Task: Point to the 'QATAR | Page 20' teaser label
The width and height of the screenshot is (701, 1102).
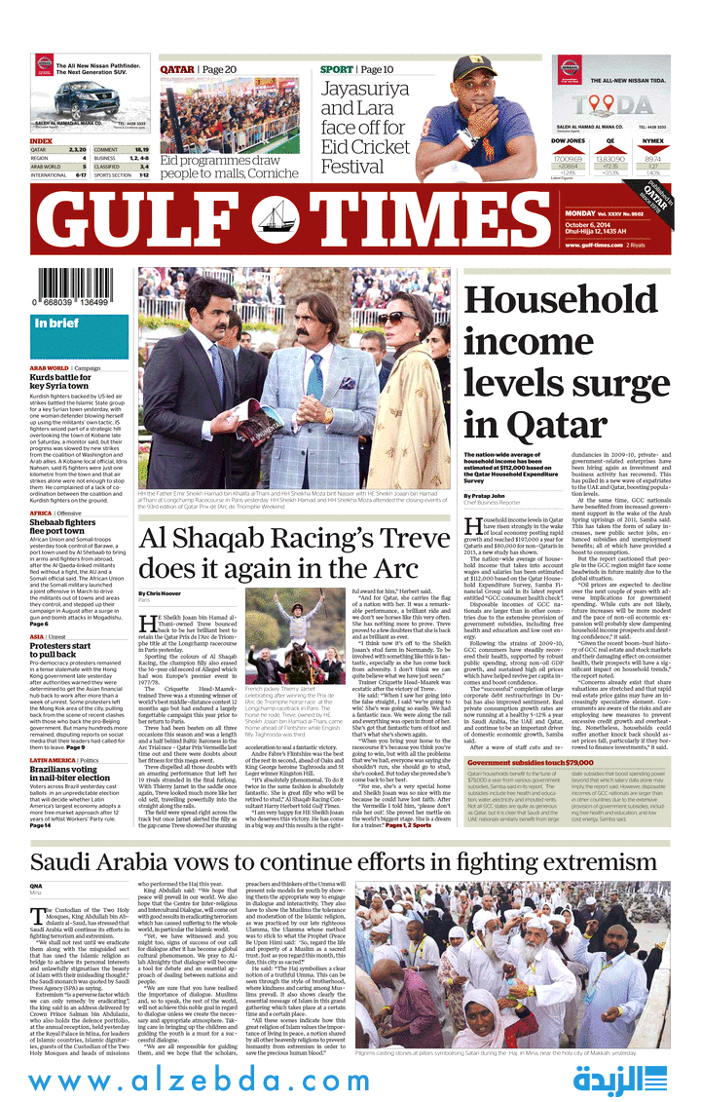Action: coord(198,69)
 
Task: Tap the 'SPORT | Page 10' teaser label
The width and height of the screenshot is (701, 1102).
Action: coord(356,69)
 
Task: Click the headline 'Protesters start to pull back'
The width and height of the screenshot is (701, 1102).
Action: coord(59,649)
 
